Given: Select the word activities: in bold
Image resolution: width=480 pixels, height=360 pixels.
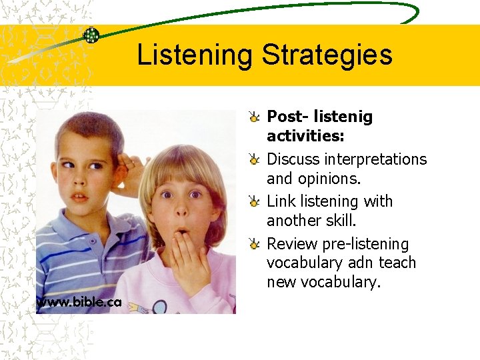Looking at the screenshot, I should pyautogui.click(x=305, y=136).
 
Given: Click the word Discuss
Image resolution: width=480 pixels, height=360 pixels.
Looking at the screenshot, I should pyautogui.click(x=293, y=159).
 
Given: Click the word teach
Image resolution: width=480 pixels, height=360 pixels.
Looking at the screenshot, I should pyautogui.click(x=397, y=263).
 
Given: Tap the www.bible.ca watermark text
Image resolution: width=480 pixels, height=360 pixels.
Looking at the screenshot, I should pyautogui.click(x=79, y=302).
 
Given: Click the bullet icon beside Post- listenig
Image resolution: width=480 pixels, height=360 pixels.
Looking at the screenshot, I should pyautogui.click(x=255, y=117).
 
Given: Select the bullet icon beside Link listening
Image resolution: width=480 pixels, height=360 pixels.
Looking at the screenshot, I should pyautogui.click(x=255, y=201).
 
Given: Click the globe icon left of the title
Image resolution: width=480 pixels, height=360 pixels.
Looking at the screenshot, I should pyautogui.click(x=91, y=35).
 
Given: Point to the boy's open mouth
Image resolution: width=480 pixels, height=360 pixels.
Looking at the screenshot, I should pyautogui.click(x=79, y=197).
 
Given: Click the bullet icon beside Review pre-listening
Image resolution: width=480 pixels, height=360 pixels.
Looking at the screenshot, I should pyautogui.click(x=255, y=244).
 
